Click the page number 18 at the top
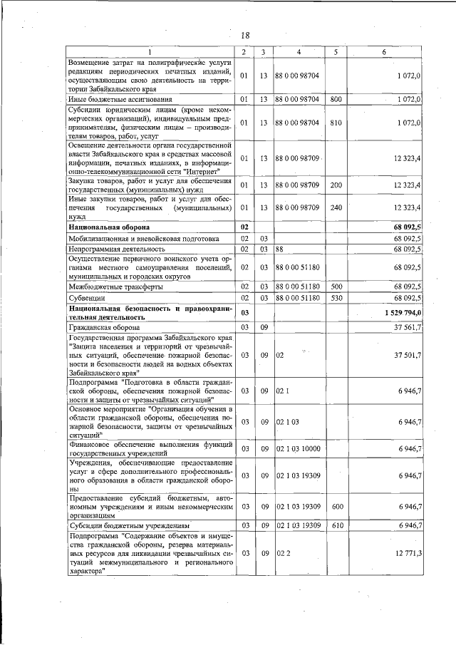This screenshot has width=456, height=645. point(244,36)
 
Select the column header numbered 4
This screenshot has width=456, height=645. point(299,52)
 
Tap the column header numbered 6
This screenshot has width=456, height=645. point(383,52)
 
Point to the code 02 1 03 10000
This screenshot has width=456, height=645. point(298,448)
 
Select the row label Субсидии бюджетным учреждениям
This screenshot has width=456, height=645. point(120,525)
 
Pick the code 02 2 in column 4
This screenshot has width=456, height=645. point(283,552)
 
